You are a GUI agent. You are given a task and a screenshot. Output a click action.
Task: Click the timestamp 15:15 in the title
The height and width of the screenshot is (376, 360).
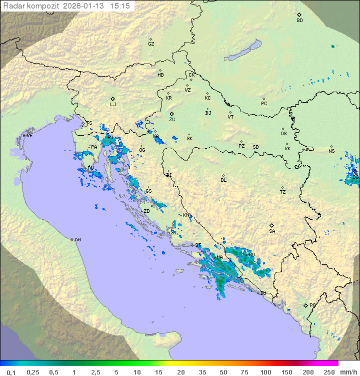coord(120,6)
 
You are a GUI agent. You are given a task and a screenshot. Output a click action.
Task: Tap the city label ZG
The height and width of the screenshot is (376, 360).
coord(172,120)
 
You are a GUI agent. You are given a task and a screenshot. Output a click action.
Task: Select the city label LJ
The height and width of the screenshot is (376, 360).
coord(113,105)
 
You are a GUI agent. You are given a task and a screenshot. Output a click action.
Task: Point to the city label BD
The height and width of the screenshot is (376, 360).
coord(299,21)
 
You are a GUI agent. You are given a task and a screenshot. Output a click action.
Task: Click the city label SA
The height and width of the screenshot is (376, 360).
coord(272,231)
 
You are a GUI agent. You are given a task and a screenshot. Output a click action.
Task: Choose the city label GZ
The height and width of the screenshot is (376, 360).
coord(151,44)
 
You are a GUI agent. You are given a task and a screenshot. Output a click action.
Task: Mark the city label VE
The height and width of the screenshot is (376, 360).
coord(29,136)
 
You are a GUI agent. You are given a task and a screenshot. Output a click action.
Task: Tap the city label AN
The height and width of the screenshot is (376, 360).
coord(77,240)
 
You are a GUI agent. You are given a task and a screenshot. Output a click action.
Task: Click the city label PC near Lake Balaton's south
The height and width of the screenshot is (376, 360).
coord(264,104)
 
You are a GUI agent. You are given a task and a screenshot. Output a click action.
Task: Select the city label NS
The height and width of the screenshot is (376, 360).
coord(331,151)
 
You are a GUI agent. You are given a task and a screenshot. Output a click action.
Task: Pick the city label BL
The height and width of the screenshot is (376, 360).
coord(223,180)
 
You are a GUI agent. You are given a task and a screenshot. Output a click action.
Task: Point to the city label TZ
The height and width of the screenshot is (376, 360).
coord(283,192)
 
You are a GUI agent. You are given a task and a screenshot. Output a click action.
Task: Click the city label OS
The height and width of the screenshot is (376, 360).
coord(283,134)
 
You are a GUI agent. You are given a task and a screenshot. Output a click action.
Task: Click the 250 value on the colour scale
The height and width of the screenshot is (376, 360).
coord(328,372)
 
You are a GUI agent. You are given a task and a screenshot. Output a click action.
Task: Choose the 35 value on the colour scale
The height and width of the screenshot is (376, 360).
coord(202,372)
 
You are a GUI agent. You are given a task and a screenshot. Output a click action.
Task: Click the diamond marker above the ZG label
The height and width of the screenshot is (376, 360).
coord(171,114)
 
